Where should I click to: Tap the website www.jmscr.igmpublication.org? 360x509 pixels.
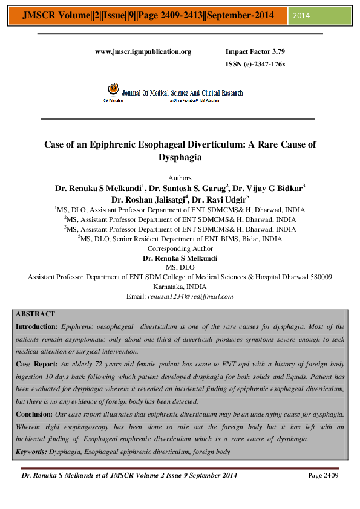coord(143,52)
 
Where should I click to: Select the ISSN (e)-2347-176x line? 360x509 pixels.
coord(255,64)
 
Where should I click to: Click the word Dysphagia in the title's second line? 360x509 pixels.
coord(179,157)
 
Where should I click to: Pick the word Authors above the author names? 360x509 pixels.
coord(179,178)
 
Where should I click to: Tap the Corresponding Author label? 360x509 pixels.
coord(180,248)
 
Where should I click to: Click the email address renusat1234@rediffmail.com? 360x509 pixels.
coord(190,296)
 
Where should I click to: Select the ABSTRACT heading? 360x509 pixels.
coord(35,314)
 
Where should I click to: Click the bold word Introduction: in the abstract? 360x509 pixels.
coord(38,326)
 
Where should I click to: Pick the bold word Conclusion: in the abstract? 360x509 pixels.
coord(36,414)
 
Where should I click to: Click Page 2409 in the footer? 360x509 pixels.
coord(323,476)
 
